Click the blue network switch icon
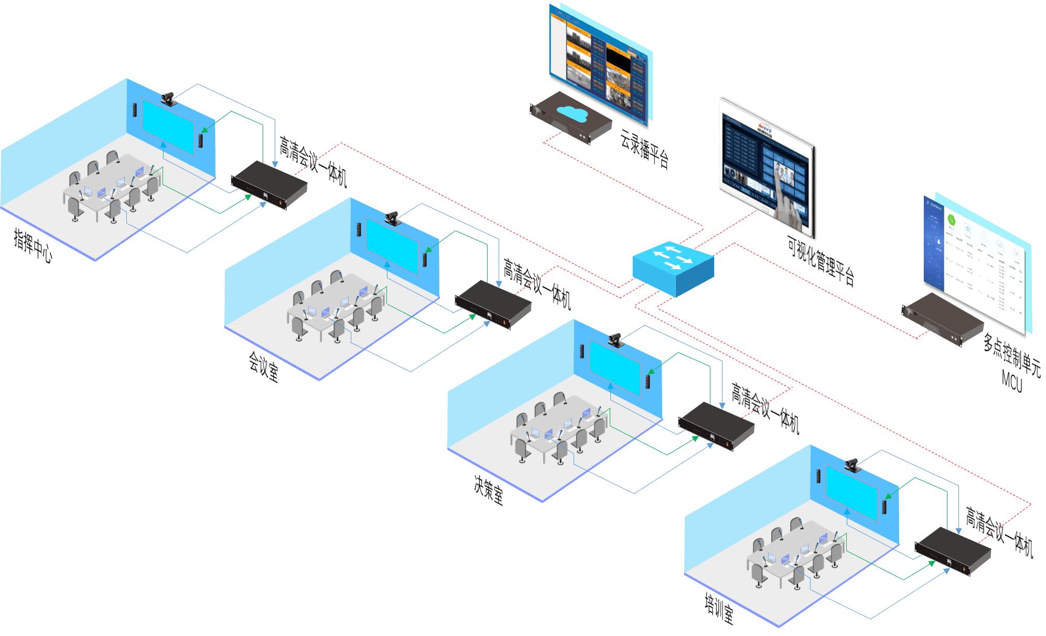pos(673,268)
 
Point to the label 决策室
pos(489,491)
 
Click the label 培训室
pos(719,609)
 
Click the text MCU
pos(1011,380)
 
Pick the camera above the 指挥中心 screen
pos(169,98)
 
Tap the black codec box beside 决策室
pos(716,426)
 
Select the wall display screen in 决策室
pos(616,367)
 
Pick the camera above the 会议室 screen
pos(393,218)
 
